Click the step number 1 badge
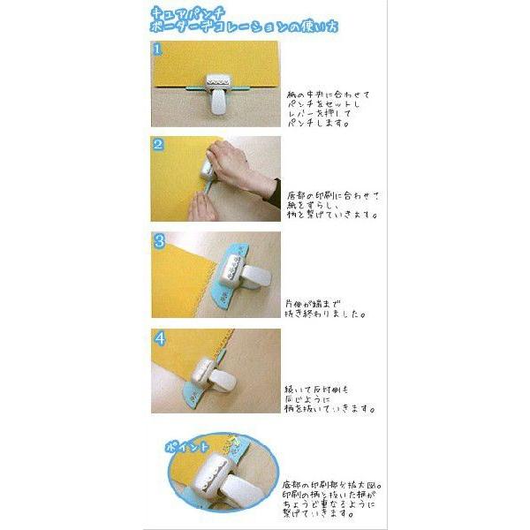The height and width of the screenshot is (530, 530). [x=158, y=48]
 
